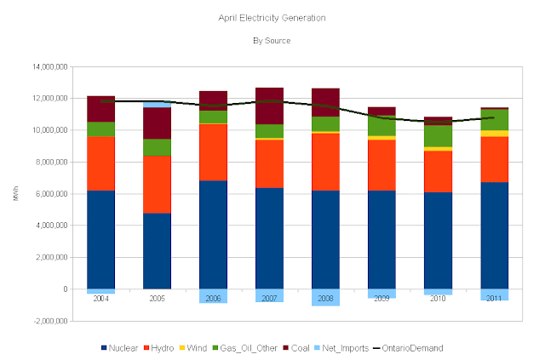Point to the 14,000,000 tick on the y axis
tap(49, 66)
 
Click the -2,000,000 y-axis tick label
tap(49, 322)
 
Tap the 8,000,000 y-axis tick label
tap(51, 162)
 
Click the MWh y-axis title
tap(15, 194)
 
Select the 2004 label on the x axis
tap(101, 300)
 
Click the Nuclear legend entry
tap(122, 348)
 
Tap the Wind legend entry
tap(202, 348)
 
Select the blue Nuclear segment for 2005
tap(157, 251)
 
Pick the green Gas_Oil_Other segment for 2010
tap(438, 136)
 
